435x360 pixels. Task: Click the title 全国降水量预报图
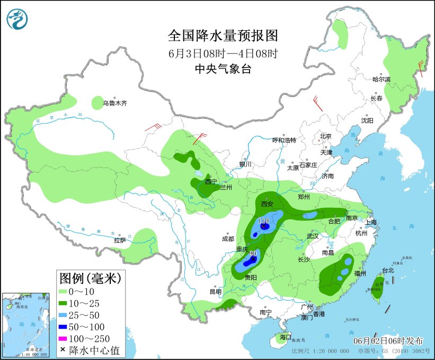(223, 36)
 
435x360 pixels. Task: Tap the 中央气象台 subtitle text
(223, 68)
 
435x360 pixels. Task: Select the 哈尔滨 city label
(381, 80)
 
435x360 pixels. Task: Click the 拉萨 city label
(120, 240)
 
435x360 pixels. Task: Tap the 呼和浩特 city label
(284, 140)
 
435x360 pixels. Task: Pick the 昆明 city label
(216, 292)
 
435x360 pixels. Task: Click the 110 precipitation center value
(263, 220)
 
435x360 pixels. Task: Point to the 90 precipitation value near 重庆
(253, 254)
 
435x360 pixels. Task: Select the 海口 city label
(286, 337)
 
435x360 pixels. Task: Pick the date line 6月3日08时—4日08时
(223, 53)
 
